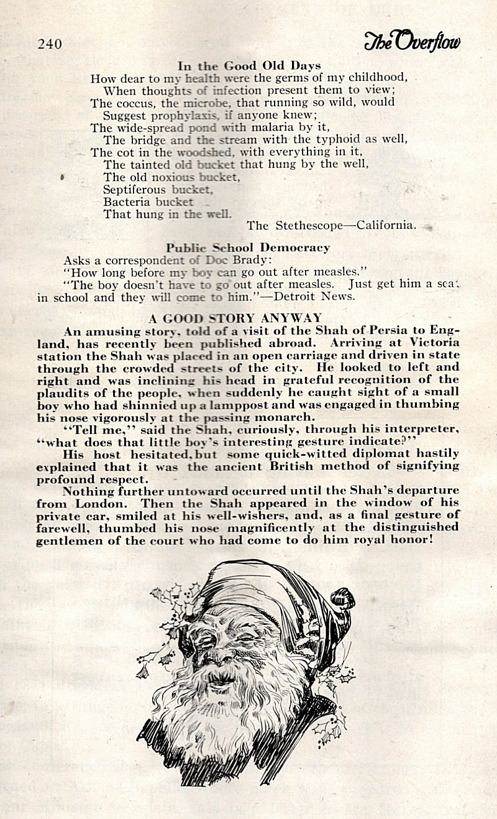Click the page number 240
point(50,44)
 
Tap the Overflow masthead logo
point(413,41)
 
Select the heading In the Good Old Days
point(249,66)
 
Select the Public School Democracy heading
point(248,248)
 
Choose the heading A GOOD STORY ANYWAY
point(244,318)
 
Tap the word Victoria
point(434,343)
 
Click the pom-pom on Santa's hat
point(342,598)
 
